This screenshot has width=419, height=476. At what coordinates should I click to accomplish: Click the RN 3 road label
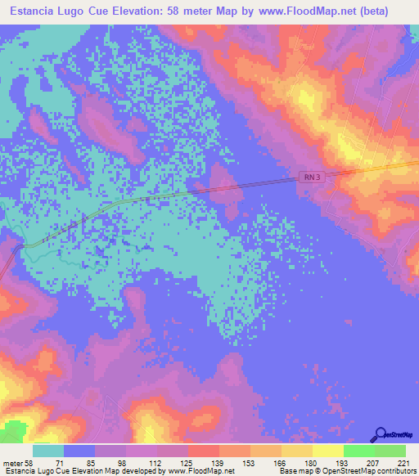click(304, 177)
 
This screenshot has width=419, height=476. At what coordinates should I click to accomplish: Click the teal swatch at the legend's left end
click(48, 451)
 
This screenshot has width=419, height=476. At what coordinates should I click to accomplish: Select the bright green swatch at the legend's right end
click(390, 451)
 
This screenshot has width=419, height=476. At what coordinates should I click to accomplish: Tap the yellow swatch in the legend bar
click(328, 451)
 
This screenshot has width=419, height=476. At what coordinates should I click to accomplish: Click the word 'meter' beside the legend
click(11, 463)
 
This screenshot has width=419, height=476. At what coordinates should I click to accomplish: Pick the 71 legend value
click(58, 463)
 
